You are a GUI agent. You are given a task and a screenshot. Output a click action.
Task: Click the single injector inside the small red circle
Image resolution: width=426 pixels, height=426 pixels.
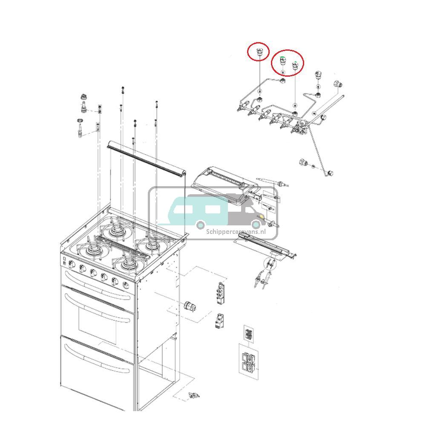259,52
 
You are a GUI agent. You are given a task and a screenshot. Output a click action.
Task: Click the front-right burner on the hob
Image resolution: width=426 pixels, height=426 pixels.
127,265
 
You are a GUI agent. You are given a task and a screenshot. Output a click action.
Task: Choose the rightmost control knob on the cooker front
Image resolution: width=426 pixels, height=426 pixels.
126,285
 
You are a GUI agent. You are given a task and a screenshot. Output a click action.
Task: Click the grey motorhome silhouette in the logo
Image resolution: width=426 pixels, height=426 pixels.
247,209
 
